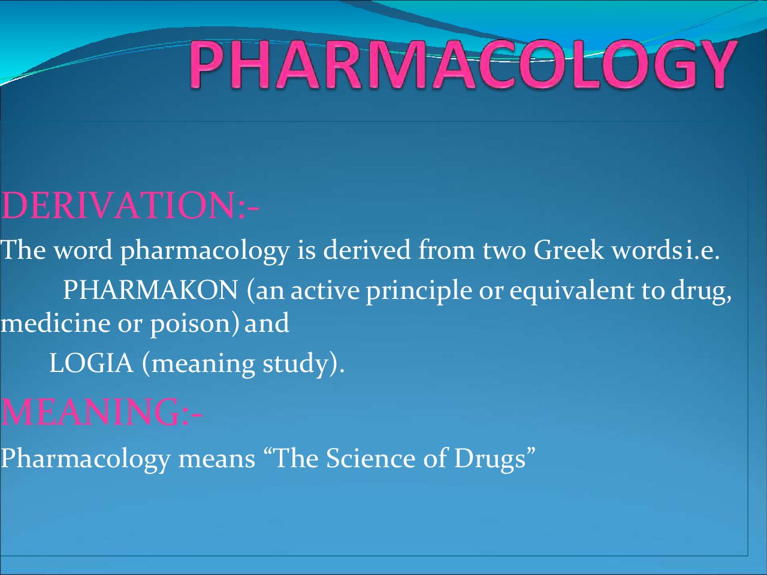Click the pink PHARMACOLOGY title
click(x=464, y=63)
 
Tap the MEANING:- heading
click(x=102, y=411)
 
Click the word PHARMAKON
click(x=150, y=290)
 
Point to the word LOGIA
click(x=92, y=363)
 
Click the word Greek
click(x=569, y=250)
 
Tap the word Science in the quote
click(x=370, y=458)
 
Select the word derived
click(x=367, y=250)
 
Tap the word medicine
click(x=56, y=323)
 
